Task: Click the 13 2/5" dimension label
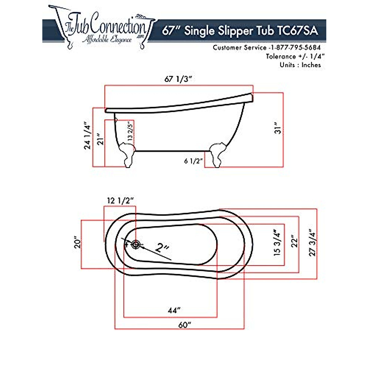pos(131,131)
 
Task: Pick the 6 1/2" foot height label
pos(194,161)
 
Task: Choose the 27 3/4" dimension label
pos(312,243)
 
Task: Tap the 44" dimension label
pos(173,310)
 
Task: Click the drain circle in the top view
pos(136,244)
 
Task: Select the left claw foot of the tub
pos(127,154)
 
